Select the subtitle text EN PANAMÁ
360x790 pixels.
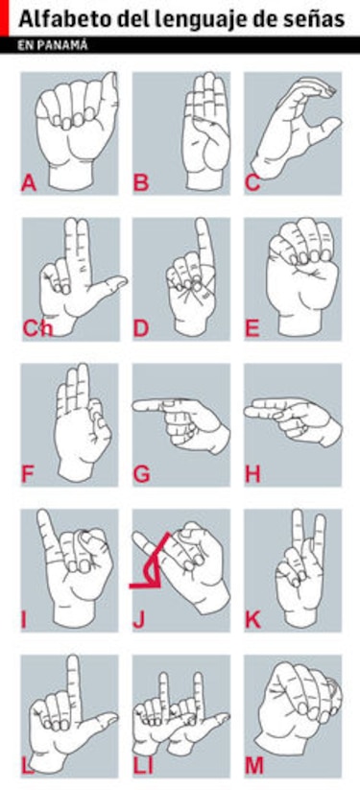pos(53,45)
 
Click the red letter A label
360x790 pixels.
pos(29,183)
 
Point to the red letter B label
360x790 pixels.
pos(141,183)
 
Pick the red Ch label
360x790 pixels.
pos(37,328)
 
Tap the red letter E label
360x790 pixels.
pos(252,328)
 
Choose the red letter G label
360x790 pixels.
pos(142,474)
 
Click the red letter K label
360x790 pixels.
pos(253,620)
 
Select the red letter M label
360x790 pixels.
pos(254,766)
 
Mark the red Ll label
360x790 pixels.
pos(143,766)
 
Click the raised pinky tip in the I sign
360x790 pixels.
pos(43,514)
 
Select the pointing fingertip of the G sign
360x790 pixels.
pos(136,404)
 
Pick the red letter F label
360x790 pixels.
pos(27,474)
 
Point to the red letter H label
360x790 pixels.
pos(253,474)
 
